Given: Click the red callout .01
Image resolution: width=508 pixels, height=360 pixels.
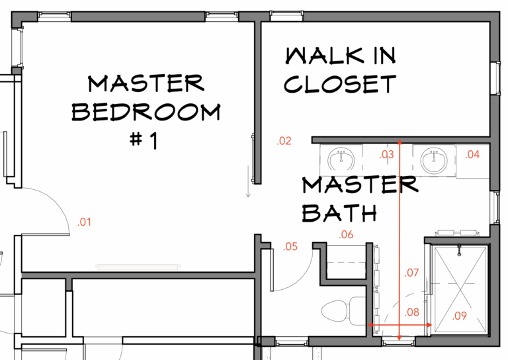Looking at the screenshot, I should [84, 222].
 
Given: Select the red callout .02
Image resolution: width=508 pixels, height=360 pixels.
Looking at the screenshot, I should [284, 140].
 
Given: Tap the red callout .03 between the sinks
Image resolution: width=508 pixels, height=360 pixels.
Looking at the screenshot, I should [386, 155].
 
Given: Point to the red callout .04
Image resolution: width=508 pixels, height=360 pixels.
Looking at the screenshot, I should [472, 154].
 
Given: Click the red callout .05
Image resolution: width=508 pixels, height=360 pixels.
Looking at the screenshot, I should [290, 247].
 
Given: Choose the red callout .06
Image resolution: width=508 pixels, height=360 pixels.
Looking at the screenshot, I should [347, 234].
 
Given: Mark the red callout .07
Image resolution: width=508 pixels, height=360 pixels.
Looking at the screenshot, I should [412, 272].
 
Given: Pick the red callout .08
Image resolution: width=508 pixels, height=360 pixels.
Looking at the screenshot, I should [412, 312].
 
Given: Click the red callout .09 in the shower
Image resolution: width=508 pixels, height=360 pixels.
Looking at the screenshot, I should [460, 316].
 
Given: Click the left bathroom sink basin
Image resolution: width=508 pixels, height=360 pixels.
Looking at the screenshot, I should [341, 159].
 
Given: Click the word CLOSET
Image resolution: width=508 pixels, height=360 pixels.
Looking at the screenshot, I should [341, 85].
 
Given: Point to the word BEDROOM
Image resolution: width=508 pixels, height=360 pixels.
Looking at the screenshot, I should [146, 112].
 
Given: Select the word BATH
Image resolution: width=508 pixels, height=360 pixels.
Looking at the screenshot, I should [340, 212].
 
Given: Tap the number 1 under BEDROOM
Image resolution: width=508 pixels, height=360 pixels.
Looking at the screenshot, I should [150, 141].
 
